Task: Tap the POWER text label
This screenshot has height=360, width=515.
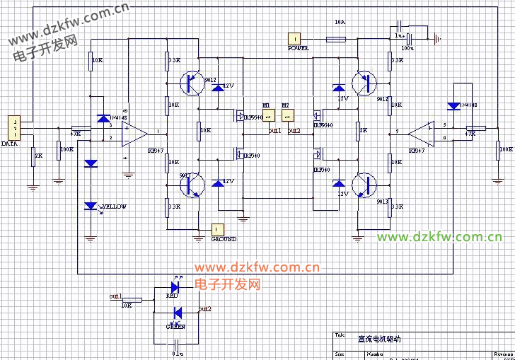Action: click(x=298, y=48)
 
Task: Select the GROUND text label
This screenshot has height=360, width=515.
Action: click(x=224, y=239)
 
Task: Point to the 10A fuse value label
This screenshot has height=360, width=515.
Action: click(x=340, y=23)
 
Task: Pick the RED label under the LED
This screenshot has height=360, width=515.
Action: click(x=172, y=296)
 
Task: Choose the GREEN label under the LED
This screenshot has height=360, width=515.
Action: click(x=175, y=327)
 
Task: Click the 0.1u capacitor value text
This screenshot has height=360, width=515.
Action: click(x=178, y=352)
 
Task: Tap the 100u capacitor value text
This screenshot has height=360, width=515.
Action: click(x=407, y=47)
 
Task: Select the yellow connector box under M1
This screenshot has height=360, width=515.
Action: click(x=268, y=115)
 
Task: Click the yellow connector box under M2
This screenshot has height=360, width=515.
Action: click(x=286, y=115)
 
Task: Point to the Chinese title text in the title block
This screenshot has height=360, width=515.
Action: click(x=379, y=339)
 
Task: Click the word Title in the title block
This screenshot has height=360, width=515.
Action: click(x=340, y=335)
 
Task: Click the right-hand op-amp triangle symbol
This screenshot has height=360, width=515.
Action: click(x=422, y=132)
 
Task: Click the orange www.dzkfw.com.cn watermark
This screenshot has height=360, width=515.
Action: click(x=257, y=267)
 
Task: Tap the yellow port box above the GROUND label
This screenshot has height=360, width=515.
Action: click(x=218, y=229)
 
